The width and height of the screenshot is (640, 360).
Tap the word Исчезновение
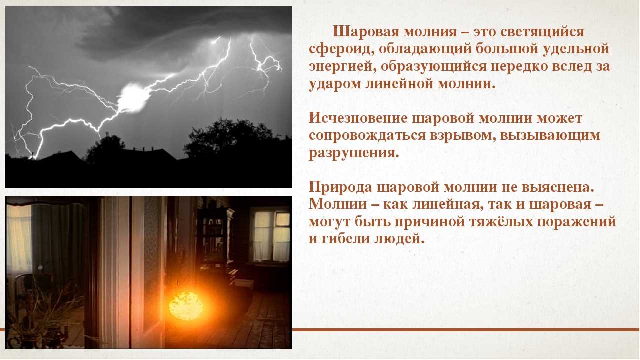click(359, 119)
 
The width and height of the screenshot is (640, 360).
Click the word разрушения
click(354, 153)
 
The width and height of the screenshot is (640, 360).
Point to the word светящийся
click(542, 32)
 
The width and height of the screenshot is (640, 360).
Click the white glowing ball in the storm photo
click(133, 97)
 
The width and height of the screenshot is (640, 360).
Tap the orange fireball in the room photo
click(186, 305)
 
